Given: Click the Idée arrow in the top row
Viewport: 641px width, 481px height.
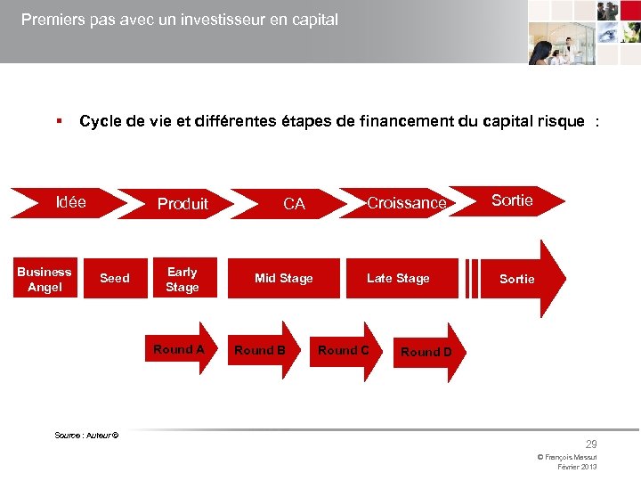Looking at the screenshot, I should pyautogui.click(x=70, y=202).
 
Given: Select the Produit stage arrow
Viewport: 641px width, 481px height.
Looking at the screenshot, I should pyautogui.click(x=183, y=204).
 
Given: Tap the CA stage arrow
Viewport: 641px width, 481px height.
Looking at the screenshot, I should pyautogui.click(x=294, y=204).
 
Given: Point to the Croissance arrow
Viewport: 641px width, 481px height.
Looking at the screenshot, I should pyautogui.click(x=406, y=203).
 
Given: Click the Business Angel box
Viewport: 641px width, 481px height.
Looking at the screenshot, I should pyautogui.click(x=45, y=279).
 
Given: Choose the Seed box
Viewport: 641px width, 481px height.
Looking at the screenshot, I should pyautogui.click(x=115, y=279).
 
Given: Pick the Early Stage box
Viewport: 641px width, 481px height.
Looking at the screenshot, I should pyautogui.click(x=183, y=279).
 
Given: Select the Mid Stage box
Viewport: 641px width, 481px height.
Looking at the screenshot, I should pyautogui.click(x=284, y=279).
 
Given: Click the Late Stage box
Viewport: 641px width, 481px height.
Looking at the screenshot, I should pyautogui.click(x=398, y=279).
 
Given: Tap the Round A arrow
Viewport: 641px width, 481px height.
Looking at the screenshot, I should pyautogui.click(x=180, y=349).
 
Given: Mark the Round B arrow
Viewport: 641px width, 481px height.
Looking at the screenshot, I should pyautogui.click(x=261, y=350).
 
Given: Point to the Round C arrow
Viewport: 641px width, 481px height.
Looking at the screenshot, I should pyautogui.click(x=345, y=350).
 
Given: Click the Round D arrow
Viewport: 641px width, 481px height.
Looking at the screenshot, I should pyautogui.click(x=426, y=352).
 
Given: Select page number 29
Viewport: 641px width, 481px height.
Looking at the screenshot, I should pyautogui.click(x=591, y=444).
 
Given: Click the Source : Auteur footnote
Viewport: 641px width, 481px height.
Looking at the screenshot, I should pyautogui.click(x=86, y=434).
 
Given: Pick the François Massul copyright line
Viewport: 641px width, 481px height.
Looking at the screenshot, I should pyautogui.click(x=567, y=457).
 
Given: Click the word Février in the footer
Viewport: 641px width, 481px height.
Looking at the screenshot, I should pyautogui.click(x=566, y=467).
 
